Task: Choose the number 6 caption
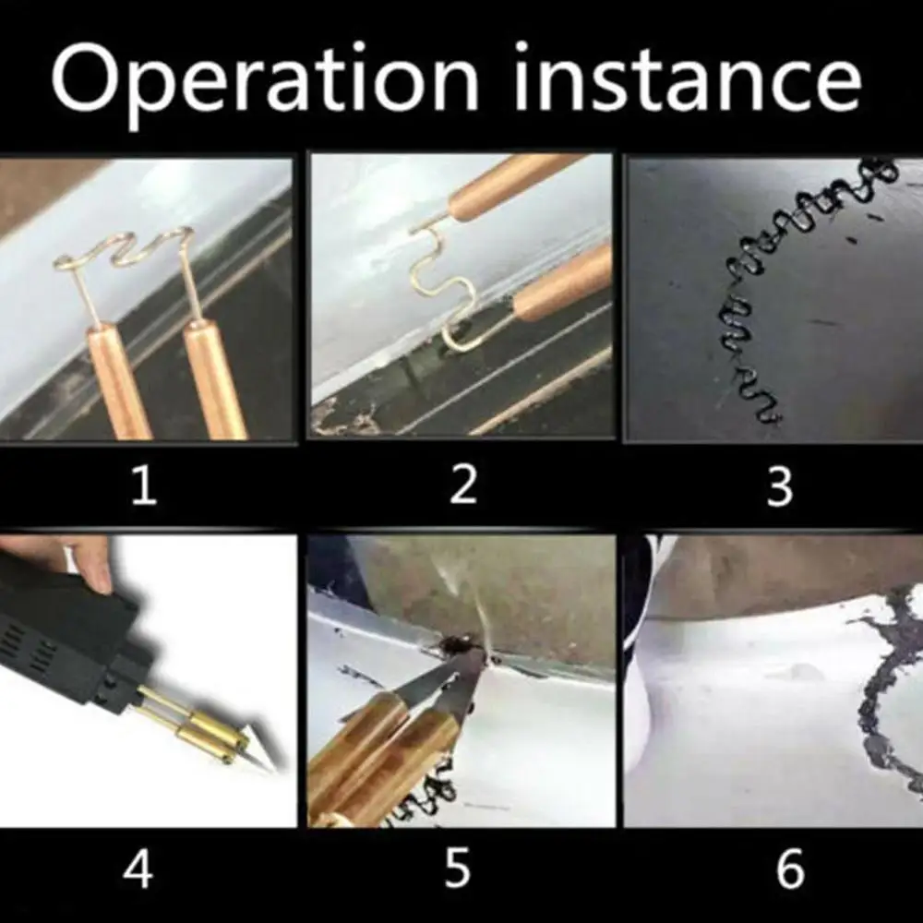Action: coord(790,869)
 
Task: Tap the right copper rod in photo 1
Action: coord(214,378)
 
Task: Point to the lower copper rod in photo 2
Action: coord(563,282)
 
